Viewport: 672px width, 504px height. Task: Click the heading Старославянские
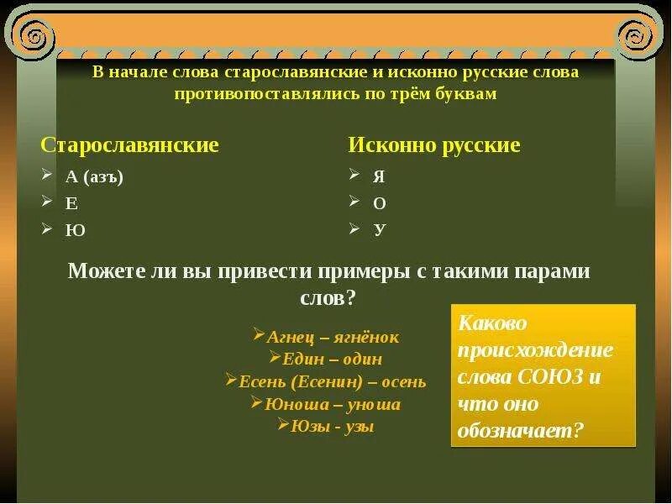tap(129, 145)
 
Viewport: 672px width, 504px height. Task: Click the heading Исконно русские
tap(434, 145)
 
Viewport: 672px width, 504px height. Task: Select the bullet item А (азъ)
tap(94, 176)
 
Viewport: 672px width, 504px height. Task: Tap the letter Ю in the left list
tap(75, 230)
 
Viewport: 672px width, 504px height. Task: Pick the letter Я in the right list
tap(380, 176)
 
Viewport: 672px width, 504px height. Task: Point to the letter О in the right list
tap(380, 203)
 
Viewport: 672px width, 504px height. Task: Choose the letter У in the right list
tap(380, 229)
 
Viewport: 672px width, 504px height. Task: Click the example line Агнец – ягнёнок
tap(332, 337)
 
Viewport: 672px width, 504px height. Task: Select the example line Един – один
tap(332, 359)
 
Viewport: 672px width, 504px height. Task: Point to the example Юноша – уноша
tap(332, 404)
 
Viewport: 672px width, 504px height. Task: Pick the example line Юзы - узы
tap(332, 426)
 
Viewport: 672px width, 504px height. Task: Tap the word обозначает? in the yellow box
tap(520, 430)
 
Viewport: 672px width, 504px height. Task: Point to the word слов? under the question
tap(328, 297)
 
